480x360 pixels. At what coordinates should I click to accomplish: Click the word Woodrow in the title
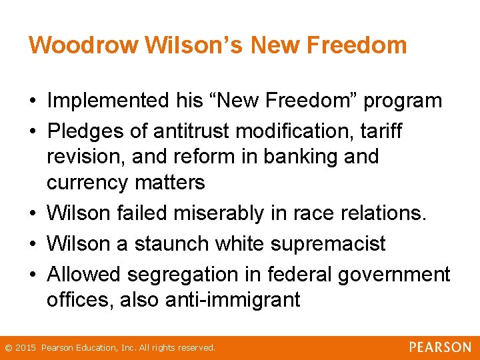pyautogui.click(x=83, y=45)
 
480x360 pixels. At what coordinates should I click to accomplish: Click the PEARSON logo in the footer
pyautogui.click(x=440, y=347)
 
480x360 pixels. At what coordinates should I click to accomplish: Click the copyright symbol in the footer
pyautogui.click(x=8, y=348)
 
